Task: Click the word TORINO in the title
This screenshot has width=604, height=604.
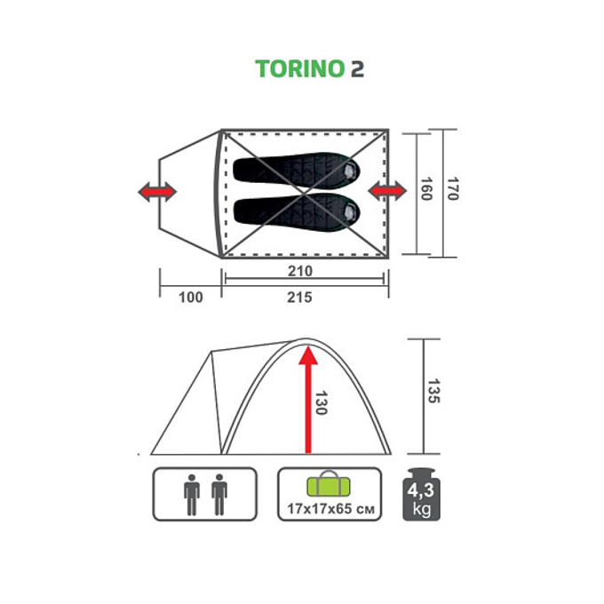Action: pyautogui.click(x=298, y=69)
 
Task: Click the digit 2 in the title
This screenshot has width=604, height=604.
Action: pyautogui.click(x=356, y=69)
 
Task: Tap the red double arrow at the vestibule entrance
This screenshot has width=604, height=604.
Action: pyautogui.click(x=157, y=191)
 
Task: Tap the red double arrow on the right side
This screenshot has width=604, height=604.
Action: pyautogui.click(x=386, y=191)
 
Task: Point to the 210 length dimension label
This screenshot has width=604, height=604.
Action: pyautogui.click(x=299, y=271)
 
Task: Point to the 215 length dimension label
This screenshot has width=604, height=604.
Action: pyautogui.click(x=299, y=298)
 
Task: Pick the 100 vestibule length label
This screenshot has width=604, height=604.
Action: pyautogui.click(x=190, y=298)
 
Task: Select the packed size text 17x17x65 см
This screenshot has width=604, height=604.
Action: pyautogui.click(x=330, y=509)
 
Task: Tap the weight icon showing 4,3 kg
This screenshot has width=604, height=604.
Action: pyautogui.click(x=421, y=494)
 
